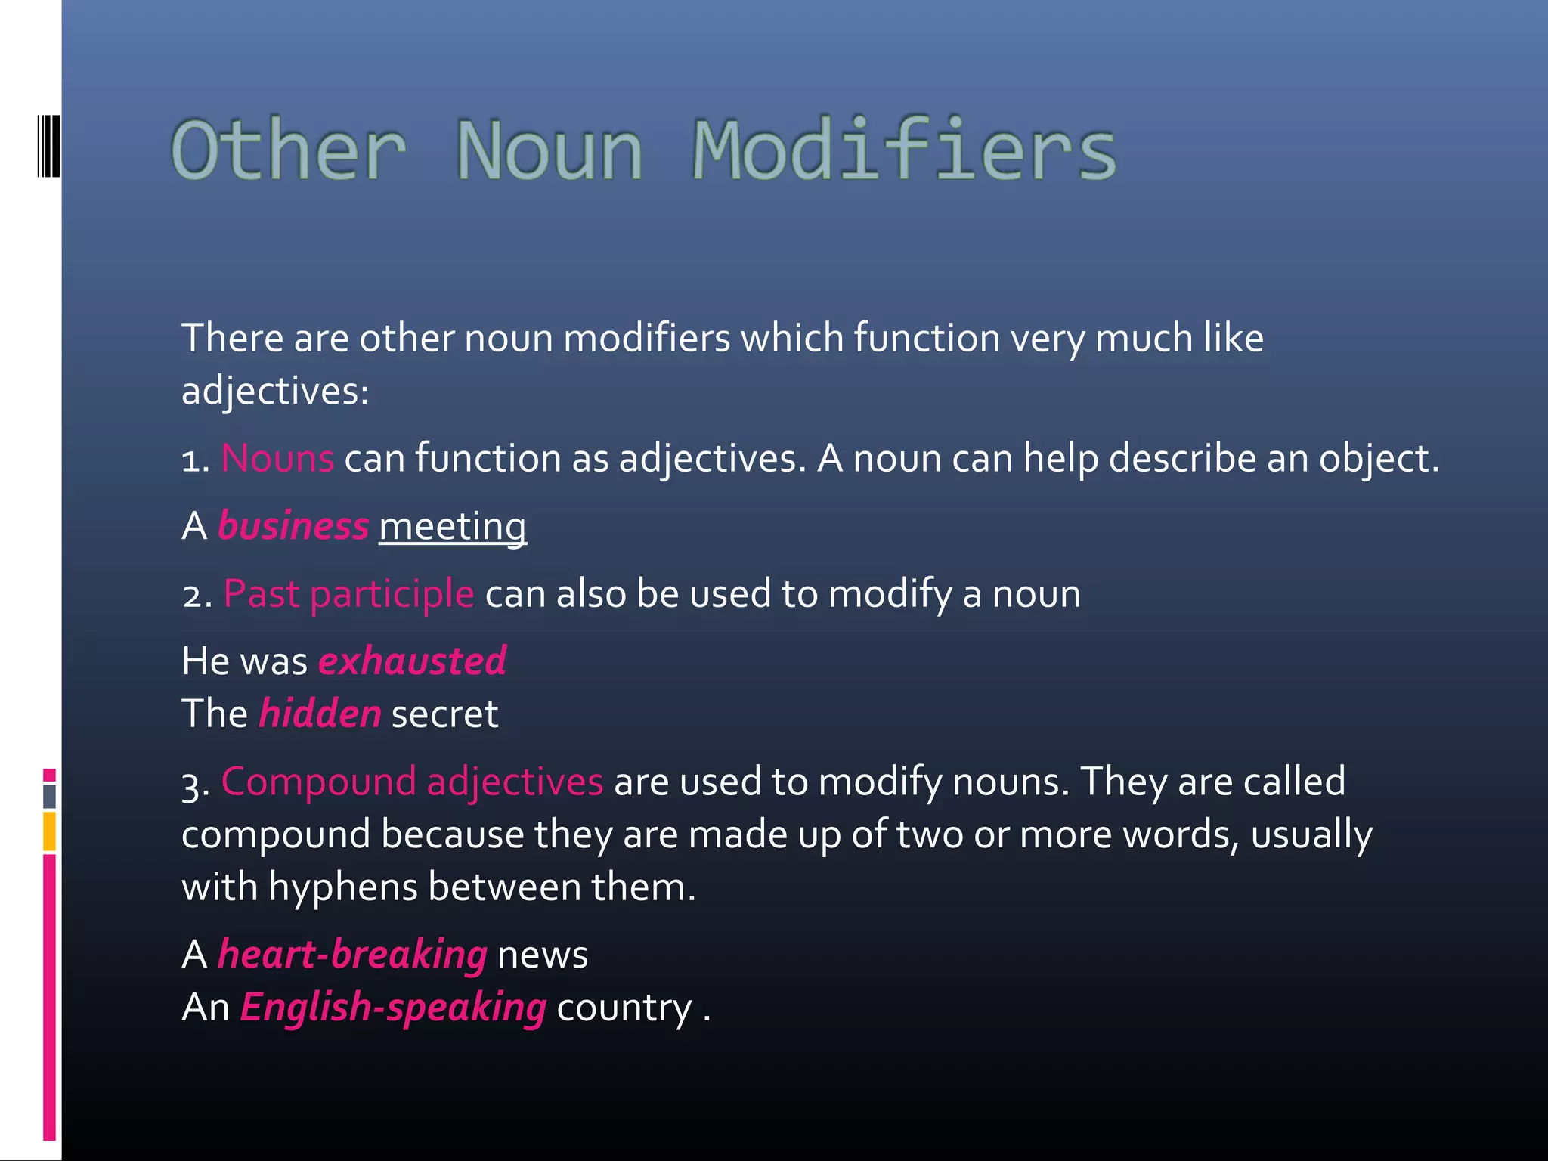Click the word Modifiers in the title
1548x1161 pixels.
point(904,150)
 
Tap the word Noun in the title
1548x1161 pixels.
point(550,150)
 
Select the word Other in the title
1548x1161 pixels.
point(289,150)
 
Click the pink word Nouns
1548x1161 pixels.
point(277,458)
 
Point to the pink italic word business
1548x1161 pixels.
point(293,526)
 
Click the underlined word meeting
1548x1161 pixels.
point(453,526)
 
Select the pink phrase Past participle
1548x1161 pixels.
point(348,593)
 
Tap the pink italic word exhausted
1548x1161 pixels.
point(412,661)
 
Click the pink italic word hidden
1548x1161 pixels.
point(320,714)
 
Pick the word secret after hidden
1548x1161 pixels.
point(444,714)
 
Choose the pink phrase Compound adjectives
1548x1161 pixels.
point(412,782)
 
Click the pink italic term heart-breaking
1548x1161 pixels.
point(352,955)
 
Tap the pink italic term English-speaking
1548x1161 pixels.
point(393,1008)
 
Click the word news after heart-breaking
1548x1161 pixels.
point(543,955)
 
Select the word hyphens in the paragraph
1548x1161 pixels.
point(342,887)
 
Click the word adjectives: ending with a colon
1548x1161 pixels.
point(275,392)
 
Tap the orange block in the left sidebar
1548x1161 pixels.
point(49,831)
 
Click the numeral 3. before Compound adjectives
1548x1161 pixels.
point(195,783)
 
